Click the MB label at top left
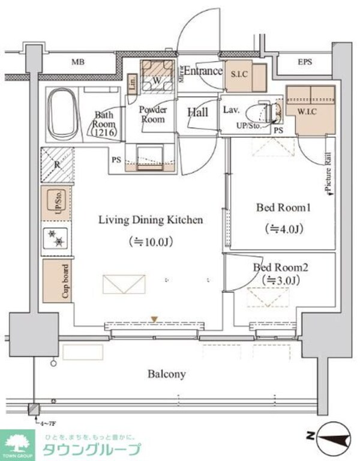click(x=78, y=62)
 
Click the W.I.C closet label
click(x=308, y=110)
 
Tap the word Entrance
click(x=203, y=71)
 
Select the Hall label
click(x=197, y=112)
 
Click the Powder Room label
click(x=153, y=114)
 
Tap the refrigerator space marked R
click(x=57, y=163)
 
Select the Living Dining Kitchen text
click(x=151, y=220)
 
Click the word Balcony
click(x=167, y=374)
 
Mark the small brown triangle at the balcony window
click(x=155, y=319)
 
